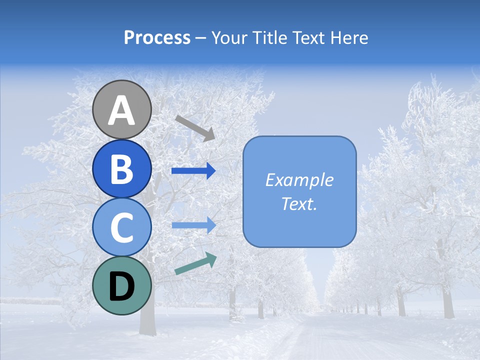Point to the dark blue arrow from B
193,171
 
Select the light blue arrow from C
193,225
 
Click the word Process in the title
157,37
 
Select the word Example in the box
299,180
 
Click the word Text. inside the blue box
299,203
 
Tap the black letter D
122,286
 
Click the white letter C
122,228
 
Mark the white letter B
122,169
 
